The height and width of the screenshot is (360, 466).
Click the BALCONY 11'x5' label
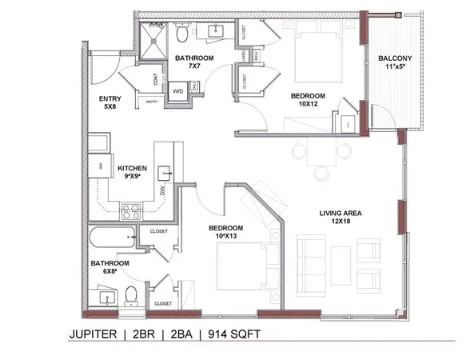point(396,62)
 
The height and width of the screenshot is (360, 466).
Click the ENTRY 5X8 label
point(110,103)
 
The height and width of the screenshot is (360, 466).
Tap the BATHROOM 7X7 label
point(193,62)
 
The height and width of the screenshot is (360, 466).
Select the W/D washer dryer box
point(177,90)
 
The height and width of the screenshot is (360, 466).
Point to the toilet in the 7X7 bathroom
point(181,34)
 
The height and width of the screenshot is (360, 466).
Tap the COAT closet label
point(155,81)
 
